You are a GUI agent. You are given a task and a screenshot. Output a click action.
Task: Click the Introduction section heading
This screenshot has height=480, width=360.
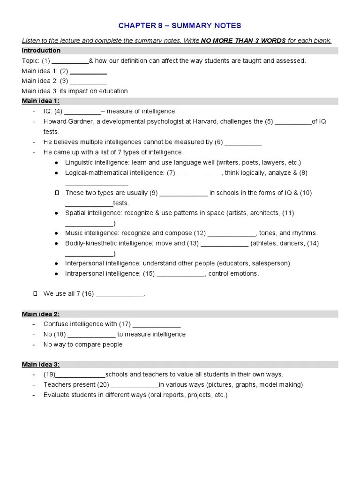pos(41,51)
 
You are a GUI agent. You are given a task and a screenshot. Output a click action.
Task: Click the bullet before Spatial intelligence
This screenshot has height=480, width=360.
pos(56,213)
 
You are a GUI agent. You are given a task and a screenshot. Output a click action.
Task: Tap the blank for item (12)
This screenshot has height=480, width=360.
pos(232,233)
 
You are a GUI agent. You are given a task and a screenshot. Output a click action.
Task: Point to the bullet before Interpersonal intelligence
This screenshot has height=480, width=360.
pos(56,263)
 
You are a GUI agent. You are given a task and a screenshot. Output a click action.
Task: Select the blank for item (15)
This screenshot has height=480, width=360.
pos(180,274)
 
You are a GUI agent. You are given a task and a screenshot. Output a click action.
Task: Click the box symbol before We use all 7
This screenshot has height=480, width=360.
pos(35,294)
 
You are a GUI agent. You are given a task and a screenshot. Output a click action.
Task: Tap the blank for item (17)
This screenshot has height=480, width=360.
pos(157,324)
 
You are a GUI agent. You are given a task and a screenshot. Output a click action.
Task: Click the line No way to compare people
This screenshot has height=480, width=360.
pos(83,345)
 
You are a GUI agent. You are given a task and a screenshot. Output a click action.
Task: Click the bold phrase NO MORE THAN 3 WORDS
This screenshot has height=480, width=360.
pos(243,41)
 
